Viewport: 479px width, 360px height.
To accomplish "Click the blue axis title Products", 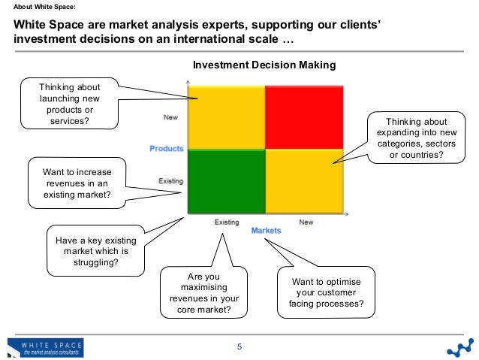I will point(166,149).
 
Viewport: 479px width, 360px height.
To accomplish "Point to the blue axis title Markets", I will point(266,231).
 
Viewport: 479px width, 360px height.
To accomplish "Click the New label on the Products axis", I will point(171,116).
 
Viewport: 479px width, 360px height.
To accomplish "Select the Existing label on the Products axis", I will point(170,180).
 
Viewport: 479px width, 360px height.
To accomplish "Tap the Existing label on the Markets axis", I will point(227,222).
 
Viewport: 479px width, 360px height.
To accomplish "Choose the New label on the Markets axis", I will point(306,222).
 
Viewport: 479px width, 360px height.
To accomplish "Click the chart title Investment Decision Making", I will point(264,65).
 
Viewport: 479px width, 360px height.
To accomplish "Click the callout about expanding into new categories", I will point(416,139).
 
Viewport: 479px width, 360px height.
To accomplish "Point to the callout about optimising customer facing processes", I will point(326,293).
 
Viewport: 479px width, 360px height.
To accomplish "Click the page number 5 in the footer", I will point(239,346).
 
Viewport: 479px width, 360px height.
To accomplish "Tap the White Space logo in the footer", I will point(47,347).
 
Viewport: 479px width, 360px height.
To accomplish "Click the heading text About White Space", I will point(45,8).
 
